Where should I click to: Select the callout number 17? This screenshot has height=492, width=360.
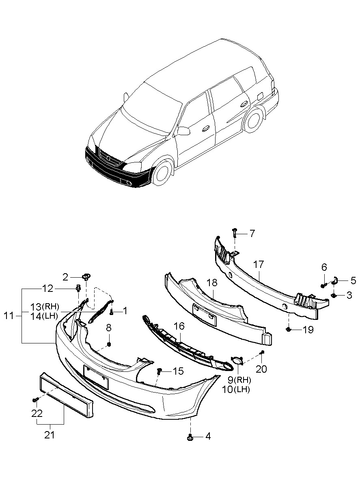click(259, 265)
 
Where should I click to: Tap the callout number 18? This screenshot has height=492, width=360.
click(212, 283)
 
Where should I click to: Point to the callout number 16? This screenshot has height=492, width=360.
click(179, 326)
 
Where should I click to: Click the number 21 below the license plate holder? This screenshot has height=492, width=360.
click(50, 436)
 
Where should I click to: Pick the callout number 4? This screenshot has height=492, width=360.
click(208, 436)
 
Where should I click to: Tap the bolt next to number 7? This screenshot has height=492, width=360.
click(235, 233)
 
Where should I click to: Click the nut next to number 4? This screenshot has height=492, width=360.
click(190, 437)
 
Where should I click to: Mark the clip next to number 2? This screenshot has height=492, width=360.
click(86, 277)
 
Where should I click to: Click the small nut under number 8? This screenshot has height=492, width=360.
click(109, 345)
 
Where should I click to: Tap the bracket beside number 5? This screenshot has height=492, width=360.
click(336, 280)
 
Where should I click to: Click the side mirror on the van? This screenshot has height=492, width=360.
click(184, 131)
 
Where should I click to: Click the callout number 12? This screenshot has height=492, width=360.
click(48, 289)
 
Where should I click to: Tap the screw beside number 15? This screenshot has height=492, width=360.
click(160, 371)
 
